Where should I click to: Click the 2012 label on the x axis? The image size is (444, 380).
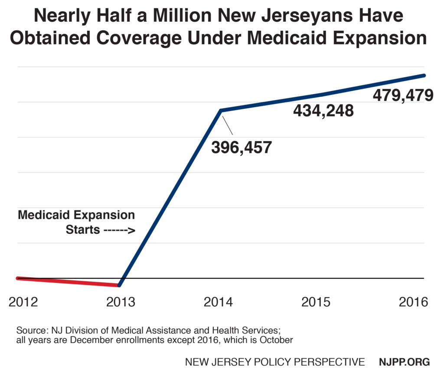tap(23, 302)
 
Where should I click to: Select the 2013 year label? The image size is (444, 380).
tap(121, 302)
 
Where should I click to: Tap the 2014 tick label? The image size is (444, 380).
tap(218, 302)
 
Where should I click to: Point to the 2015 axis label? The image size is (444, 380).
tap(316, 302)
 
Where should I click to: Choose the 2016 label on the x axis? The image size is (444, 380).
tap(413, 302)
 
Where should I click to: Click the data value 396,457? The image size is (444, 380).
tap(241, 147)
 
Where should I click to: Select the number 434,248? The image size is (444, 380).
tap(323, 111)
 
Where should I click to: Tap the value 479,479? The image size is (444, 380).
tap(403, 95)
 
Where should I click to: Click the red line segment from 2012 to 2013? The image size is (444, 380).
tap(67, 282)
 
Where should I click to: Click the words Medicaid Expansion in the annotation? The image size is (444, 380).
tap(76, 215)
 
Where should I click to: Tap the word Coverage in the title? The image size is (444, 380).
tap(157, 38)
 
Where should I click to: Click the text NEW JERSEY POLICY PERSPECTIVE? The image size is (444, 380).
tap(275, 362)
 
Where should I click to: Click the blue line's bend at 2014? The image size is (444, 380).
tap(221, 111)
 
